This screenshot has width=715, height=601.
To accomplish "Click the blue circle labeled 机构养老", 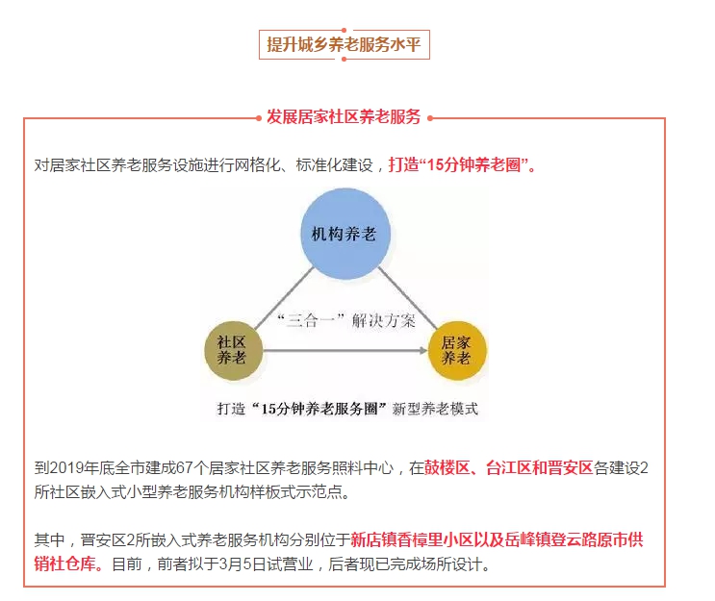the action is [x=345, y=234].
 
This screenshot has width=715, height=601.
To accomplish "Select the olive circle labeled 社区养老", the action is [x=234, y=350].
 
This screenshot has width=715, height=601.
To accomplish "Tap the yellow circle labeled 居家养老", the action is [x=457, y=350].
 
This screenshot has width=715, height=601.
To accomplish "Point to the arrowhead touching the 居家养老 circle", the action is [x=423, y=350].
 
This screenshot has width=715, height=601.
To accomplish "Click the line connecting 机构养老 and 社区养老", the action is [x=285, y=298].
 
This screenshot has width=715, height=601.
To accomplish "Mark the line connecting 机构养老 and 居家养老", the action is [x=408, y=298].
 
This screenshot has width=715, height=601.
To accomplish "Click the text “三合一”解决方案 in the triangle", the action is [x=346, y=320].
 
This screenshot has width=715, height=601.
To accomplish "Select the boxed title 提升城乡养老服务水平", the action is [x=344, y=44].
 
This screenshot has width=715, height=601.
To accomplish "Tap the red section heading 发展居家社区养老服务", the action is [x=344, y=117].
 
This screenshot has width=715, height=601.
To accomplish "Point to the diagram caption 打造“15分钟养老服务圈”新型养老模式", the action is [x=347, y=409].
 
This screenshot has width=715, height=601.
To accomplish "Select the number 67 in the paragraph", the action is [x=184, y=468].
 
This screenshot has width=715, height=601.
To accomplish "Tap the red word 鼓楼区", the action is [x=447, y=468].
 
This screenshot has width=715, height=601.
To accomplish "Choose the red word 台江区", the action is [x=508, y=468].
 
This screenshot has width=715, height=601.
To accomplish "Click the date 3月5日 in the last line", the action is [x=243, y=564].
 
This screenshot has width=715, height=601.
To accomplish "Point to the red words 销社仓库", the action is [x=64, y=564].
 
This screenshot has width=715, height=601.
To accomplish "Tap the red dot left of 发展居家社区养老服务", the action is [x=259, y=118].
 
